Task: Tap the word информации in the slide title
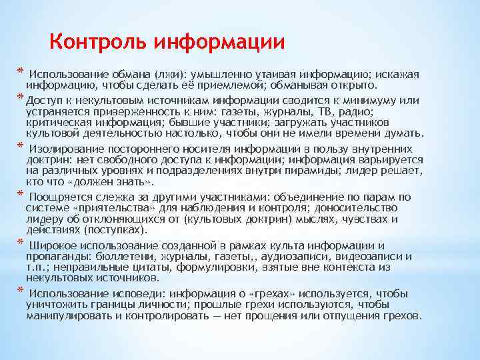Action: [x=219, y=43]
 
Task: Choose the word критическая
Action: [x=57, y=123]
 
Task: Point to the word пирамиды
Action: [x=307, y=171]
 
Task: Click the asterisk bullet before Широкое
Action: [x=21, y=243]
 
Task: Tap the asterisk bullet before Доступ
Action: [x=21, y=99]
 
